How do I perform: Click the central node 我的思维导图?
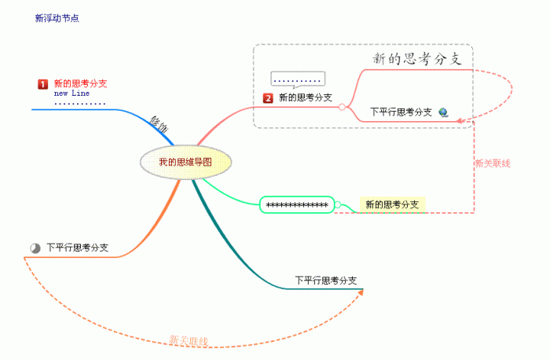click(x=185, y=163)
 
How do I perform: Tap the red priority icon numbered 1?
click(x=43, y=83)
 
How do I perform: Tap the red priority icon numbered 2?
click(x=268, y=98)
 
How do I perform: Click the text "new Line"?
click(x=71, y=93)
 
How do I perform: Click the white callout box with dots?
click(x=298, y=79)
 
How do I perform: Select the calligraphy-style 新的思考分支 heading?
click(x=421, y=59)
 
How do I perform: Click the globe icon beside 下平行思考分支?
click(x=444, y=112)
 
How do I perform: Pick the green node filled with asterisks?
click(x=297, y=204)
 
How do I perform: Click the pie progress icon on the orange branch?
click(x=35, y=248)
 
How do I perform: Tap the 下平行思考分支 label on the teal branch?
click(x=326, y=280)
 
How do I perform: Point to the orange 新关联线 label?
click(x=189, y=340)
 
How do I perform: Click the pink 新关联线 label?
click(x=493, y=163)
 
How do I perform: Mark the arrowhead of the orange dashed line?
click(x=361, y=292)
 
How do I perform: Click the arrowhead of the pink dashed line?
click(x=463, y=123)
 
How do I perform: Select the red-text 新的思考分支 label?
click(x=80, y=83)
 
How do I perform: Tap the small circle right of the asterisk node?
click(x=337, y=205)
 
